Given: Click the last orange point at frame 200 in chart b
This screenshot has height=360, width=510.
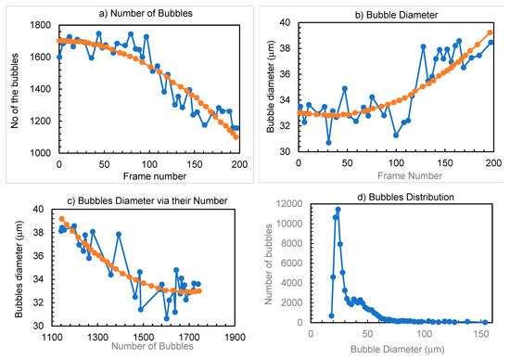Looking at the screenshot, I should click(x=490, y=32).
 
